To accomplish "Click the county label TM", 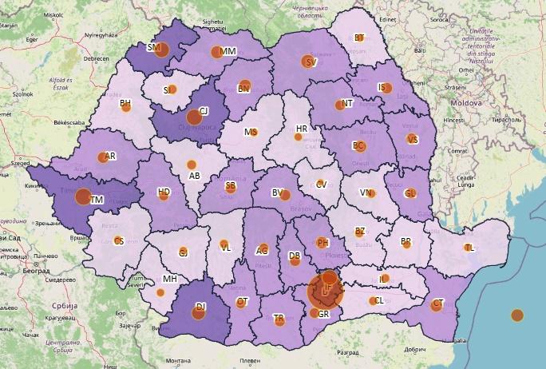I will (97, 200).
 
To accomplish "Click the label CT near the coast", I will (437, 304).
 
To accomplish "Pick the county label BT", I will (358, 38).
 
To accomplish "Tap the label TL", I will (469, 248).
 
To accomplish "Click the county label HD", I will (164, 192).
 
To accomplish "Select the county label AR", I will (110, 157).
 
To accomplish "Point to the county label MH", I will (169, 279).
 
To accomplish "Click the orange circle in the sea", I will (517, 315).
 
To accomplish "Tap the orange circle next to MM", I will (216, 53).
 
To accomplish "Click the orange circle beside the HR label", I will (298, 137).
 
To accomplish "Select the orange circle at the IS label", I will (387, 88).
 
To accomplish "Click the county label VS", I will (413, 139).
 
